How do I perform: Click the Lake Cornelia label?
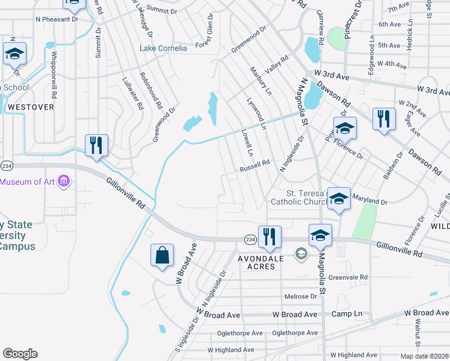click(163, 48)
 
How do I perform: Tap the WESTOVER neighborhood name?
click(31, 106)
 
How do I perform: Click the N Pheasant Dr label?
click(57, 19)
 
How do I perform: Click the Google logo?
click(20, 354)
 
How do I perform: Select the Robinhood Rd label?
click(150, 91)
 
